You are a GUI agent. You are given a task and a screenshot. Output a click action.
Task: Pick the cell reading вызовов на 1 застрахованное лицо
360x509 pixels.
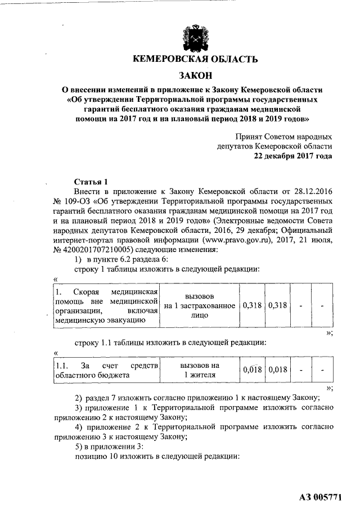(200, 305)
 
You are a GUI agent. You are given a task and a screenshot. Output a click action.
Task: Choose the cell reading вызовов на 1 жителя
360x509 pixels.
(200, 370)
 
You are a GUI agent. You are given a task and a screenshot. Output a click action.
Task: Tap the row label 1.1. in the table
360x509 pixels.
(62, 365)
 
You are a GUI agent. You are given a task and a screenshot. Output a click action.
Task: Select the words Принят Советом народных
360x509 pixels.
(283, 137)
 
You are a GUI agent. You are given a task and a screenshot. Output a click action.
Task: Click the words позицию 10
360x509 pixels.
(97, 456)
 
